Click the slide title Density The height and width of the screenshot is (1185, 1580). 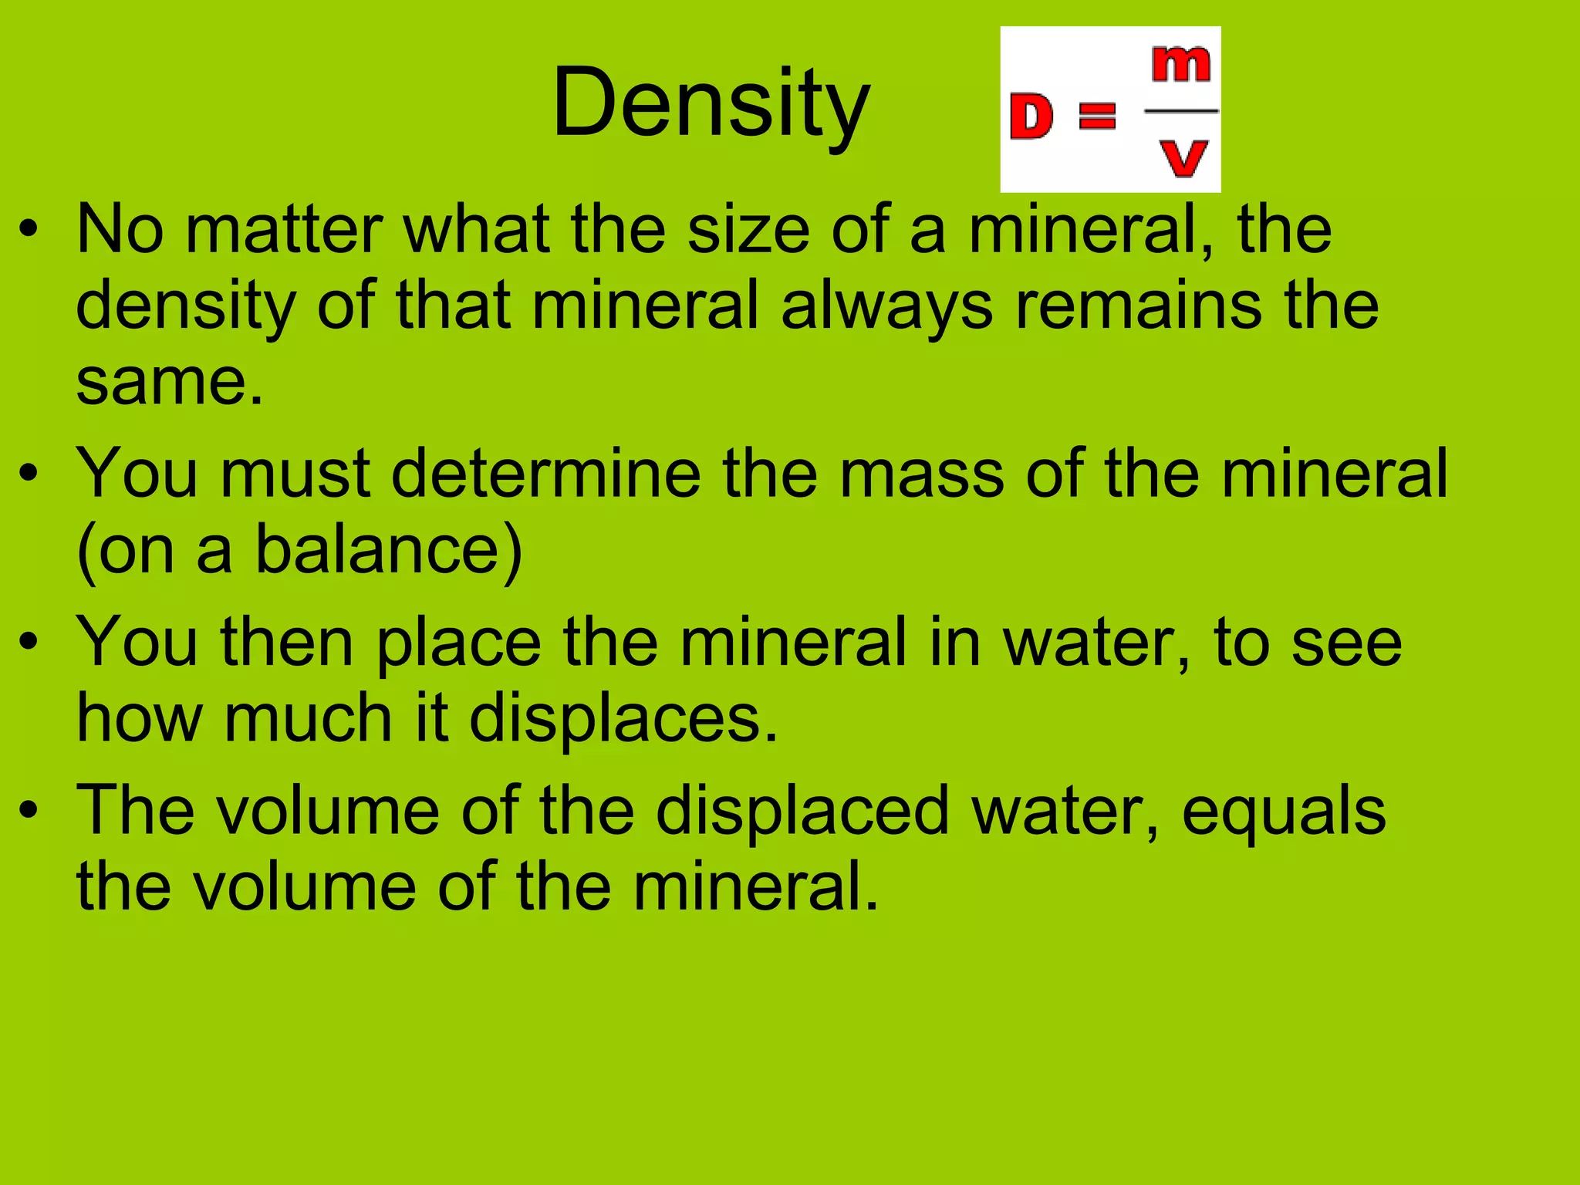pos(711,104)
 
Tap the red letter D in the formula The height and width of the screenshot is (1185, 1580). pos(1031,116)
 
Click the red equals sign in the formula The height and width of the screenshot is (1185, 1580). pos(1096,116)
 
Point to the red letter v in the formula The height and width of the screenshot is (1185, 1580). pos(1183,158)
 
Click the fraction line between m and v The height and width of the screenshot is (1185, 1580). pos(1181,111)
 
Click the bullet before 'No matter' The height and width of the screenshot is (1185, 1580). pos(29,230)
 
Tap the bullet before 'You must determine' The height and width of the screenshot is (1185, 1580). pos(29,474)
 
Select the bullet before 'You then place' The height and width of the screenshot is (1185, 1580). pos(29,642)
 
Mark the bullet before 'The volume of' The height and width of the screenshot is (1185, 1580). pos(29,810)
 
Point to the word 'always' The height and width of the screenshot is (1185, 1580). pos(886,306)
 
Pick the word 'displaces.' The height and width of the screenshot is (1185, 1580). pos(623,718)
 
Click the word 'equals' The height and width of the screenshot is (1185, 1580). pos(1284,810)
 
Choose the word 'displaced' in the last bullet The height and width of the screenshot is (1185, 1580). pos(802,810)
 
